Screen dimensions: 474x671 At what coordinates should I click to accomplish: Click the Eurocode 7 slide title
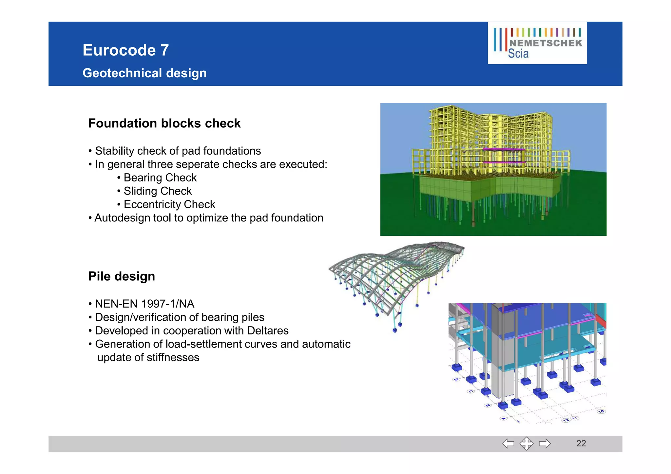pyautogui.click(x=125, y=50)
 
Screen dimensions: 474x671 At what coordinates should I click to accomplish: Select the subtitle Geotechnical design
pyautogui.click(x=144, y=73)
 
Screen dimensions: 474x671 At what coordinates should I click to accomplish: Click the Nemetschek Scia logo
pyautogui.click(x=537, y=43)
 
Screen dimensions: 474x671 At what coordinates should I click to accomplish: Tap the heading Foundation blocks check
pyautogui.click(x=164, y=123)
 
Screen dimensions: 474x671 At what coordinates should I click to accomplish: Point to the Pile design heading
pyautogui.click(x=122, y=276)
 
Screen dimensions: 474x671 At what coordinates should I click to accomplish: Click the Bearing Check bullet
pyautogui.click(x=160, y=178)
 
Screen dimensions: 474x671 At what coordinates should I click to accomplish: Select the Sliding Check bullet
pyautogui.click(x=158, y=191)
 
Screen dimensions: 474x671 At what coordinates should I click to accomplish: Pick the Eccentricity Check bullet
pyautogui.click(x=169, y=204)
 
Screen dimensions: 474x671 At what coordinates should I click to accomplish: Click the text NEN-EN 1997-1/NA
pyautogui.click(x=144, y=304)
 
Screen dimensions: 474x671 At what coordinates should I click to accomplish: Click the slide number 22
pyautogui.click(x=581, y=443)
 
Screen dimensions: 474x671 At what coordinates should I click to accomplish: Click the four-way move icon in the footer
pyautogui.click(x=526, y=444)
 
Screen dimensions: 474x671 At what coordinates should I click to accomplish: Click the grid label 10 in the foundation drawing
pyautogui.click(x=601, y=411)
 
